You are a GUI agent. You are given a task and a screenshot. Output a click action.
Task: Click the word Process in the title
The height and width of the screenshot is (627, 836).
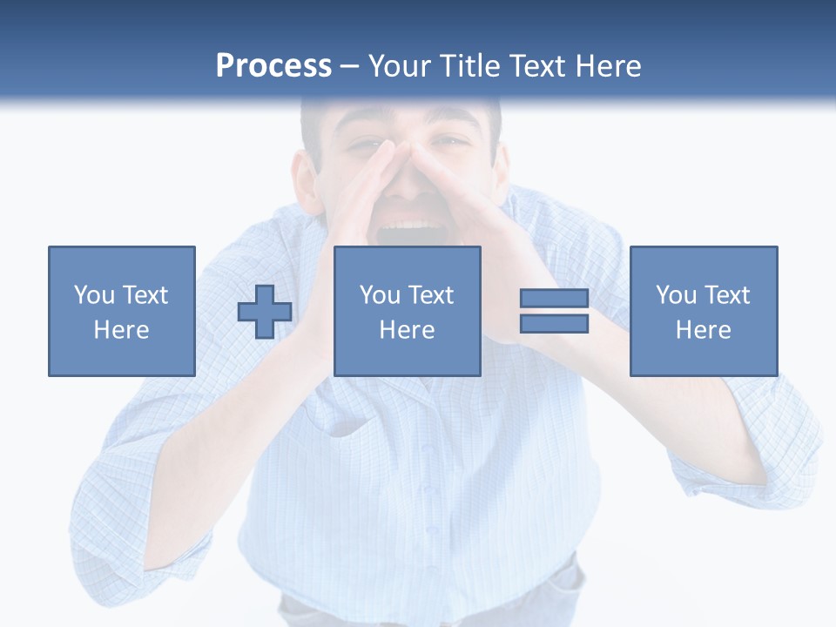pos(273,66)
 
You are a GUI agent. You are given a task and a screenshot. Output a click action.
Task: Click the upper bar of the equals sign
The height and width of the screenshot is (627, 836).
pos(554,298)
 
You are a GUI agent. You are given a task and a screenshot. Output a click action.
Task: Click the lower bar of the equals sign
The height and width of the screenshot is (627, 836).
pos(554,324)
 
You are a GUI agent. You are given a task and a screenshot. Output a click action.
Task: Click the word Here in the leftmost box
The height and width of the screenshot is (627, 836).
pos(122,330)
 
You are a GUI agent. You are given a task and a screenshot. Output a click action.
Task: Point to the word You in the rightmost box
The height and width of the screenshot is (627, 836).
pos(676,295)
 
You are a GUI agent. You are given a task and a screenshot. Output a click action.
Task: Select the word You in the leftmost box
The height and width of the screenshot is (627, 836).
pos(94,295)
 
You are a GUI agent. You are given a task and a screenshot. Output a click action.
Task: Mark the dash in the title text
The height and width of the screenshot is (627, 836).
pos(350,66)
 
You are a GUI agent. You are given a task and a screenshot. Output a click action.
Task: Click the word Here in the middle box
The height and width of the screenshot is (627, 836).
pos(408,330)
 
